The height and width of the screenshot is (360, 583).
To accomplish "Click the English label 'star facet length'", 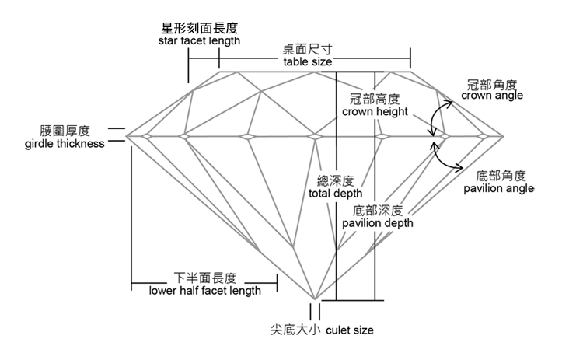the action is click(199, 40).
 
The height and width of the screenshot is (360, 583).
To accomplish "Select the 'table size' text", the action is click(308, 61).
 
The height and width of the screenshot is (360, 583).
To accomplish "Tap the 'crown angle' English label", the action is click(492, 95).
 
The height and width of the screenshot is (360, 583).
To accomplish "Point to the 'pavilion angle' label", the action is click(498, 188).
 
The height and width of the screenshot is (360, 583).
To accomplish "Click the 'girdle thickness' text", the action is click(65, 144).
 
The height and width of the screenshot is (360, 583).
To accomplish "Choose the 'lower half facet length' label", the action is click(205, 291).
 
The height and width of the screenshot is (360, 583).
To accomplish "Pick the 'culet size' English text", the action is click(350, 330).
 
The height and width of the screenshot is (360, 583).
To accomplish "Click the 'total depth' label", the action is click(335, 194).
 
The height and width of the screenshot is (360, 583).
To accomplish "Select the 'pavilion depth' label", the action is click(377, 223).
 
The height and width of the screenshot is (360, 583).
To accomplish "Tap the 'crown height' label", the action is click(375, 111).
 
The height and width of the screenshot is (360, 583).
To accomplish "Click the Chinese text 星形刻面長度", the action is click(199, 28).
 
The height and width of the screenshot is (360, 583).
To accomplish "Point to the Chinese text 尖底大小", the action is click(295, 330).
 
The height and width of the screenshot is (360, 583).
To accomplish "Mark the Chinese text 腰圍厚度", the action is click(65, 131).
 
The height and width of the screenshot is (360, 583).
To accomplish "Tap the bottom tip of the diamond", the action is click(315, 299).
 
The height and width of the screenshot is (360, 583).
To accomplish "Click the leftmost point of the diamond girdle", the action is click(127, 136).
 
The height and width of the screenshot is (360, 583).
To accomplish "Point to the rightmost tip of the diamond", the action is click(503, 137).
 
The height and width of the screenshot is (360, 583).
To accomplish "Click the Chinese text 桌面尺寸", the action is click(308, 50).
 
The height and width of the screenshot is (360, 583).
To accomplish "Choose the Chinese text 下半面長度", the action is click(205, 278).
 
